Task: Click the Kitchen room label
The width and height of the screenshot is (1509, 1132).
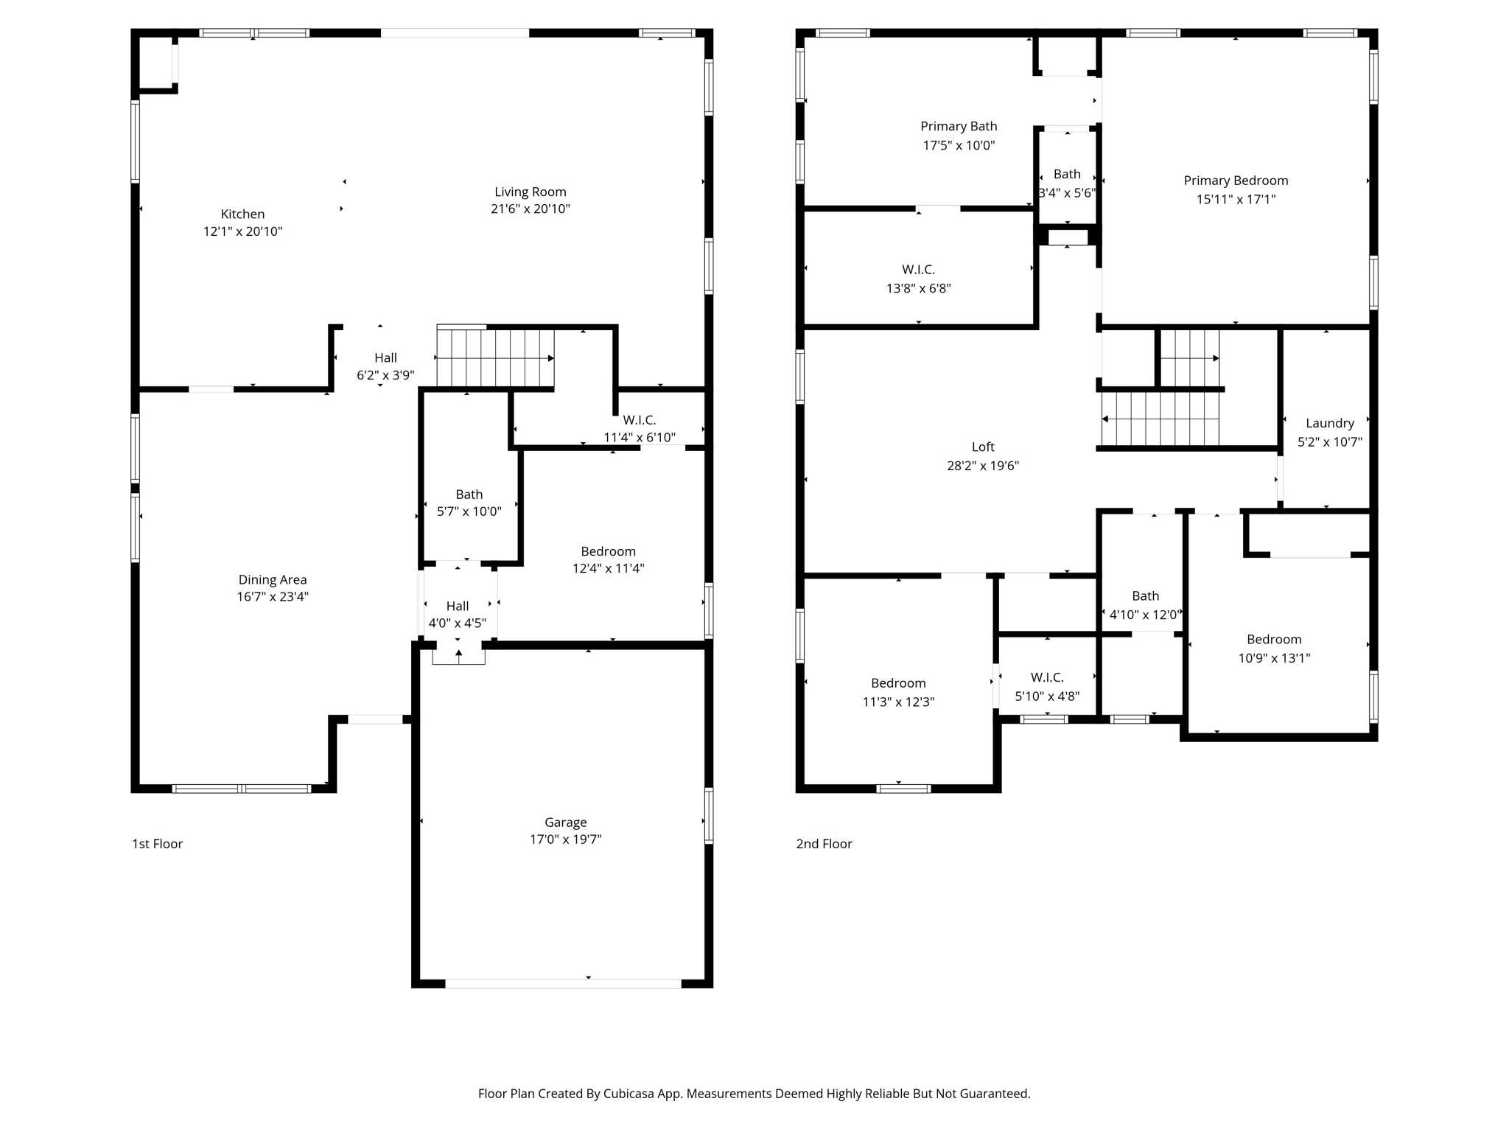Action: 242,214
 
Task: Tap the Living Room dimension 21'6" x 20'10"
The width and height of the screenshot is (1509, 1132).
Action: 530,209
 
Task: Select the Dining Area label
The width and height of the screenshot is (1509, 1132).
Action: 272,580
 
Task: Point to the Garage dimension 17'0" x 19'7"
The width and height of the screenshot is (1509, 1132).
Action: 565,839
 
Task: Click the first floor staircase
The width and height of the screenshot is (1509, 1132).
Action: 495,358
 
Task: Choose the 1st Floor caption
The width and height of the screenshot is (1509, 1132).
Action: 157,844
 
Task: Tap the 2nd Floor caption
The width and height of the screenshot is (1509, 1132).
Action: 824,844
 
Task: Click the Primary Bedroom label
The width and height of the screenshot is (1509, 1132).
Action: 1236,181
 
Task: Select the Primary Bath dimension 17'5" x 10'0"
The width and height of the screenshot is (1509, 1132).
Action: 959,145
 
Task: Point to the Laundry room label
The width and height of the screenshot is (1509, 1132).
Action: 1329,423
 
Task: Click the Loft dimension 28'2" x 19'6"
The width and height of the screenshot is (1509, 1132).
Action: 982,465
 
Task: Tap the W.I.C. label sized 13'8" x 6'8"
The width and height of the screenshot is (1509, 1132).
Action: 918,270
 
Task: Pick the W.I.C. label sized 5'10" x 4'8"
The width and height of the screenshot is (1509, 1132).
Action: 1046,677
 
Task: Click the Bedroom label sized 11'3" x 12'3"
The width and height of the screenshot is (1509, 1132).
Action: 898,683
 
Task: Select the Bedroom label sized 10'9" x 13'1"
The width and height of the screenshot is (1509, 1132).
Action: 1273,640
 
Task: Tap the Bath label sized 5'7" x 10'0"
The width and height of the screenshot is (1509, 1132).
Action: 469,495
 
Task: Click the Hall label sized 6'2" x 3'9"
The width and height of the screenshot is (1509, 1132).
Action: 385,358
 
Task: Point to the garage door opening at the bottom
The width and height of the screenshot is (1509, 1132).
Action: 563,983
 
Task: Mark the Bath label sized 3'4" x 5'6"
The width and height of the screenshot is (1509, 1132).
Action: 1066,174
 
